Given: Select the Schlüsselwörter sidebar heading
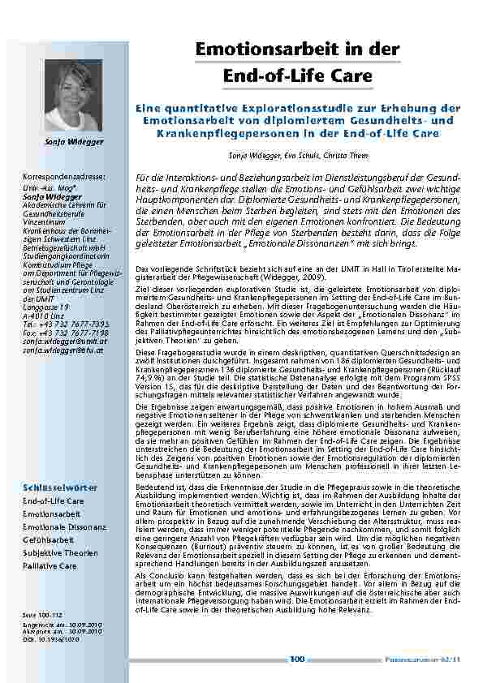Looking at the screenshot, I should coord(59,488).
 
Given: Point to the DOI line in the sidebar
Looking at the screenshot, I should coord(46,639).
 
